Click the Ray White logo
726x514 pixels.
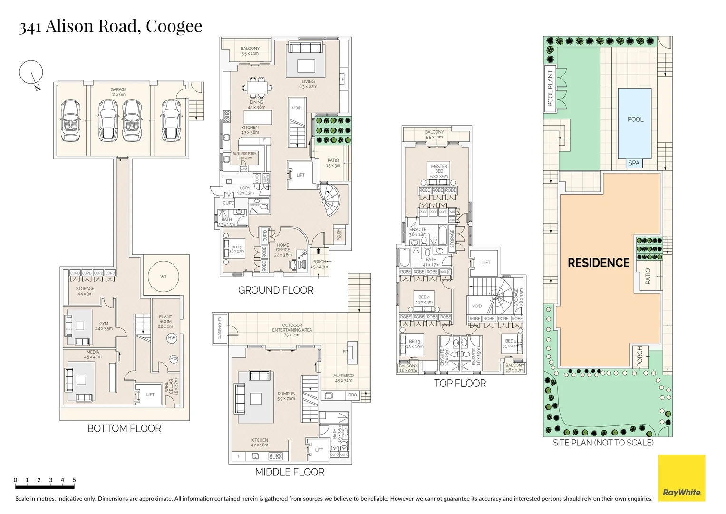point(681,478)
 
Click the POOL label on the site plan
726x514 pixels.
point(635,119)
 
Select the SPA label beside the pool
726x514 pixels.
point(634,163)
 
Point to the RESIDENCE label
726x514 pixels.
point(599,263)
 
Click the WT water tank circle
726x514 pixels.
point(163,277)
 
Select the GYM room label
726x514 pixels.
point(104,324)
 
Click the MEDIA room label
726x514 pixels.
point(93,352)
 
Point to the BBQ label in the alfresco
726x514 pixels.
point(352,395)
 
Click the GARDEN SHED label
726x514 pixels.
point(220,328)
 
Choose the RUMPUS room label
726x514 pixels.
point(286,394)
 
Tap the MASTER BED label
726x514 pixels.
point(439,168)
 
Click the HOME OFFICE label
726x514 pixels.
point(283,247)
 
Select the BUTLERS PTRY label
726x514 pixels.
point(244,154)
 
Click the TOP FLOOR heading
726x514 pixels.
point(460,384)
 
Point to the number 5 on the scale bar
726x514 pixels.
point(74,480)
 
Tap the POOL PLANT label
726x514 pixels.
point(550,88)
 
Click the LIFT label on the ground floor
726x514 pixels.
point(300,175)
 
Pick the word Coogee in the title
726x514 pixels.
point(174,27)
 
